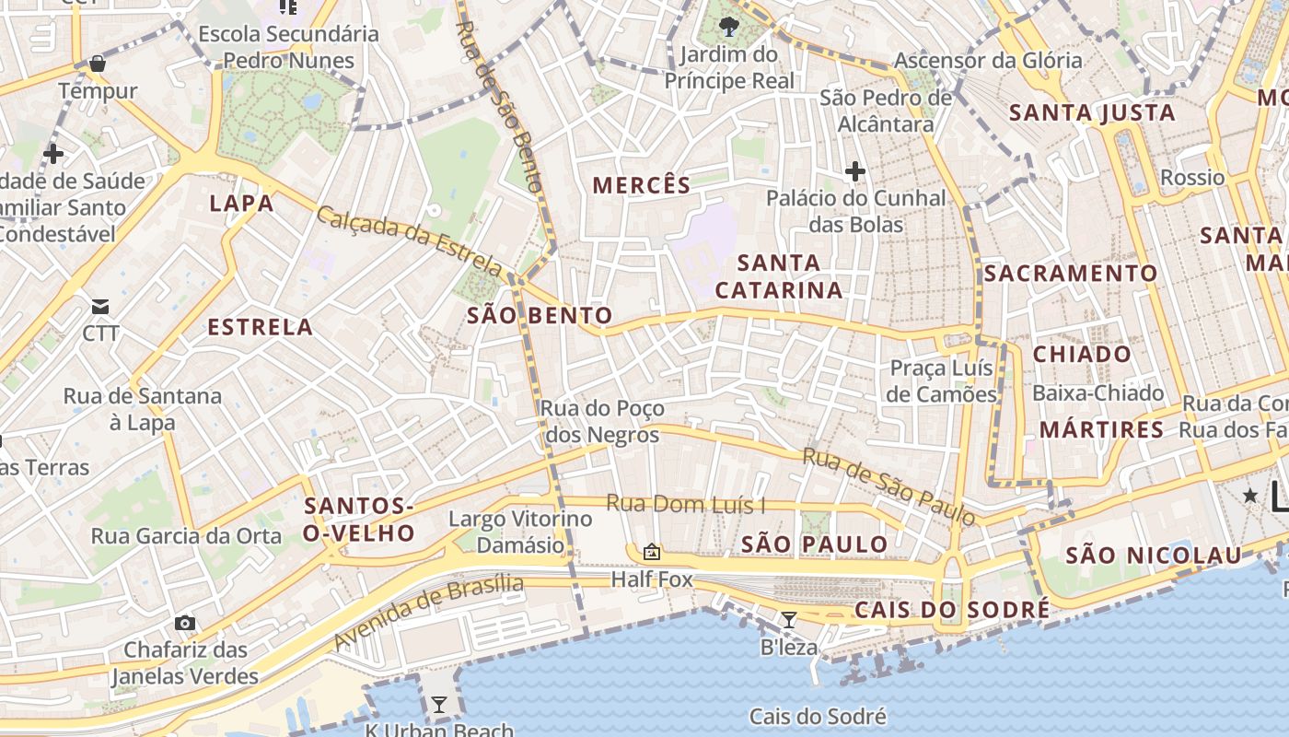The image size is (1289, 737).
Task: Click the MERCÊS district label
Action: (641, 185)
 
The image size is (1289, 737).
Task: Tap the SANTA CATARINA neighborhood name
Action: (779, 276)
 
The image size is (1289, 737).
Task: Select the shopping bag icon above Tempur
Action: (97, 64)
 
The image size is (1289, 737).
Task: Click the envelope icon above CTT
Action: (100, 306)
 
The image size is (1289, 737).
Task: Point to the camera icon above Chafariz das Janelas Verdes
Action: (185, 623)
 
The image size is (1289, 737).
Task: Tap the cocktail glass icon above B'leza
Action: (789, 619)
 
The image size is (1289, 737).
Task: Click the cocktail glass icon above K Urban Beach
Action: (439, 705)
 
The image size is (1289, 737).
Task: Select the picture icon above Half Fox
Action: (652, 552)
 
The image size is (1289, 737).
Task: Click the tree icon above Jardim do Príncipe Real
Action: (728, 26)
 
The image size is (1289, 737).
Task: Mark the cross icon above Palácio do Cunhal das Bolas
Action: (855, 170)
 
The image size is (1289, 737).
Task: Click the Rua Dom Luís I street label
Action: (686, 505)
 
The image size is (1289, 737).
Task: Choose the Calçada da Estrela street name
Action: (410, 241)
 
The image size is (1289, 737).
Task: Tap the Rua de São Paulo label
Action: (888, 486)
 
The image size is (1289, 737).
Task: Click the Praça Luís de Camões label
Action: (943, 381)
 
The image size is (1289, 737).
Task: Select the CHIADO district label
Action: (1082, 355)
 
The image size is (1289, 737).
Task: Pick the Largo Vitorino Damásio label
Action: (520, 532)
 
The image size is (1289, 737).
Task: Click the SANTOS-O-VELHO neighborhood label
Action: (359, 520)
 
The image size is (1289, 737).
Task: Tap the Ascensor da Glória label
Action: (988, 61)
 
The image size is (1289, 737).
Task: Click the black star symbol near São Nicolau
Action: (1250, 496)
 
